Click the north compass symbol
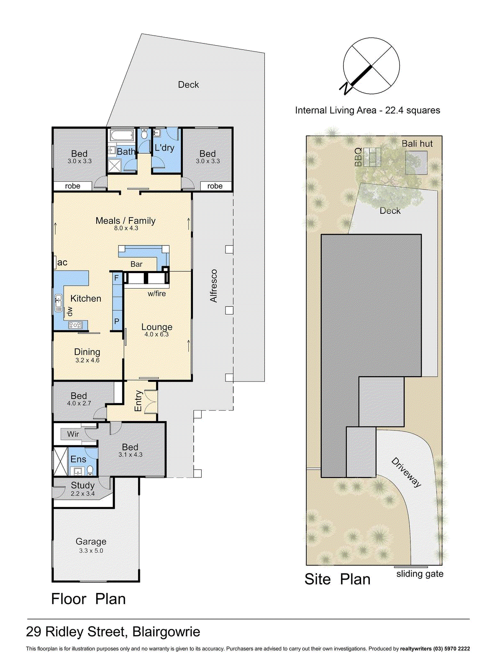(371, 66)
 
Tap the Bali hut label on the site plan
(417, 144)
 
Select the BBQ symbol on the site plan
(371, 157)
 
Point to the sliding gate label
(420, 574)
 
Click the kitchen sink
(59, 303)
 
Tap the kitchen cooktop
(76, 325)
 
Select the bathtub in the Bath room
(121, 135)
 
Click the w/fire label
(156, 294)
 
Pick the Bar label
(136, 264)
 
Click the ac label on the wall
(62, 263)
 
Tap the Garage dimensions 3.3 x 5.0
(91, 551)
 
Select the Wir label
(73, 434)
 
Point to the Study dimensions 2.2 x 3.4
(82, 494)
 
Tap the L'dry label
(164, 148)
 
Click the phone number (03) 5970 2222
(451, 649)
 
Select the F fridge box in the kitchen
(117, 278)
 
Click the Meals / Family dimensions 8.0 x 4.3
(126, 228)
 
